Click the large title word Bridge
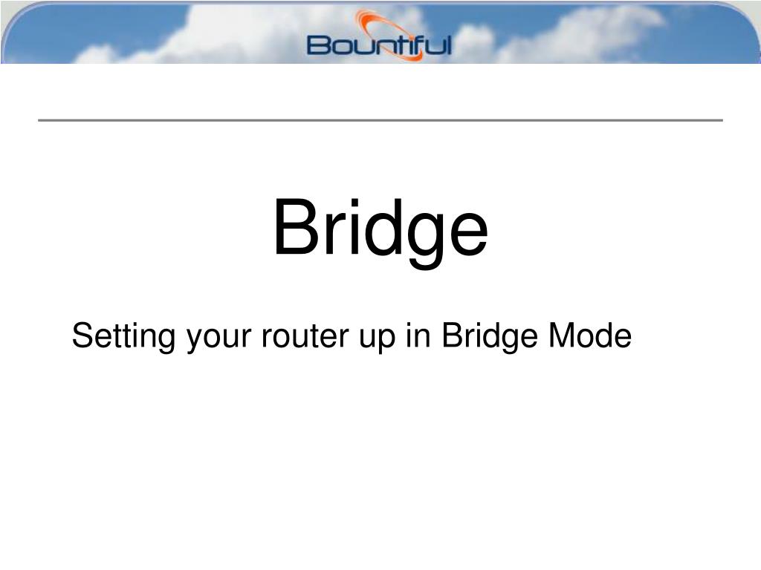pyautogui.click(x=380, y=232)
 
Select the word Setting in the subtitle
pyautogui.click(x=123, y=337)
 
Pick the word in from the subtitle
pyautogui.click(x=418, y=335)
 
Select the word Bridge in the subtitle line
pyautogui.click(x=489, y=337)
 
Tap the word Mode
pyautogui.click(x=590, y=335)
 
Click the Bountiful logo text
pyautogui.click(x=379, y=45)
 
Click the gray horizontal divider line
pyautogui.click(x=380, y=119)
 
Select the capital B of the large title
pyautogui.click(x=297, y=226)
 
